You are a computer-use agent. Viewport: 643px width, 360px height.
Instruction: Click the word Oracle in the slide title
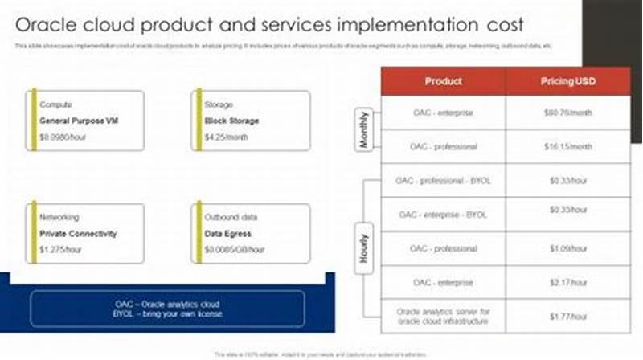click(47, 23)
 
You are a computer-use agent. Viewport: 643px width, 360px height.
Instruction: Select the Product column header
click(443, 81)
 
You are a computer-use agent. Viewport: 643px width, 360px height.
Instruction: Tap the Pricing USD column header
click(567, 81)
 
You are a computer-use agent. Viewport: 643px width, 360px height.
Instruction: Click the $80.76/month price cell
click(567, 113)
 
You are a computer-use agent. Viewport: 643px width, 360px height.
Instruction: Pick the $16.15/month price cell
click(567, 147)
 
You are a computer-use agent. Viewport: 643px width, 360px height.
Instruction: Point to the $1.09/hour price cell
click(567, 248)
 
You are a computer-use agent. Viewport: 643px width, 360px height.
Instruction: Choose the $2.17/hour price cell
click(567, 283)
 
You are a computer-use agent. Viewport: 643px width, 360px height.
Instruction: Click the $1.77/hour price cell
click(567, 316)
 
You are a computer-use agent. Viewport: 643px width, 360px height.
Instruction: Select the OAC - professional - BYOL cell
click(443, 181)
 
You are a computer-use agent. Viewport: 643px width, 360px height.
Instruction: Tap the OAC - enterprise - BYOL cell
click(443, 215)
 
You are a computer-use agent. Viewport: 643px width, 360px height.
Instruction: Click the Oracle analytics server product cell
click(443, 316)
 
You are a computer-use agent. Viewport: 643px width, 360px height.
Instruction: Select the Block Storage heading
click(231, 121)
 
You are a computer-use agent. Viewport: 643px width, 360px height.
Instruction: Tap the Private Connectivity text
click(78, 234)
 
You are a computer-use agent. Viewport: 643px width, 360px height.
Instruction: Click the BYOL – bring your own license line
click(167, 314)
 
